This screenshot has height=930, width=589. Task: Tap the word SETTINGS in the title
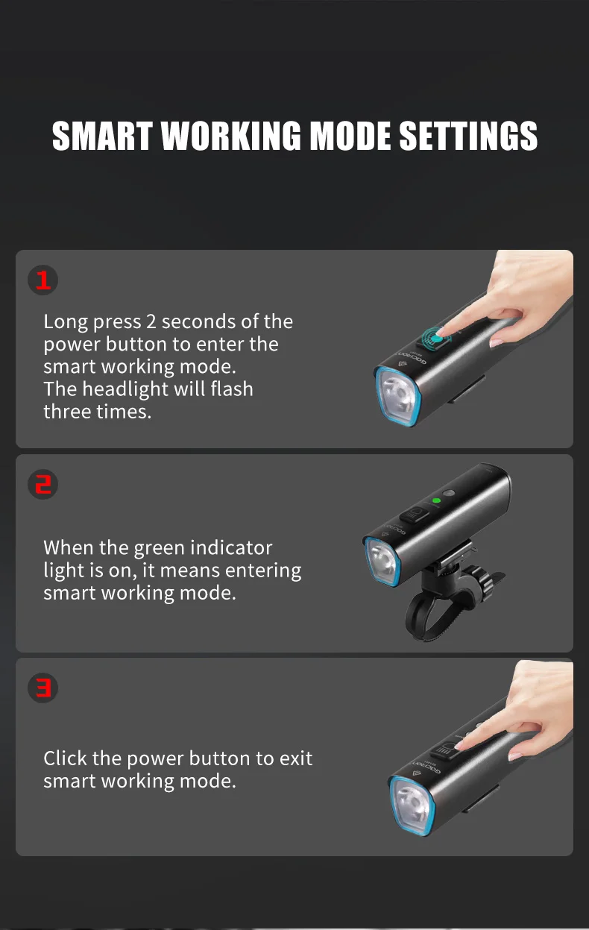[468, 136]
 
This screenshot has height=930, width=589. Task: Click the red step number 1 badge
[42, 280]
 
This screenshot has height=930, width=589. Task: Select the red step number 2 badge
[42, 485]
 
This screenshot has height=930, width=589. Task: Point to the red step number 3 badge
[42, 688]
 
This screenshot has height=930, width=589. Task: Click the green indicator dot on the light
[436, 500]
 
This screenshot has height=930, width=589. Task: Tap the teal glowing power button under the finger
[434, 340]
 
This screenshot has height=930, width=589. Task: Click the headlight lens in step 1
[398, 397]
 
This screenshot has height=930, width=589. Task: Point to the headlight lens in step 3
[412, 805]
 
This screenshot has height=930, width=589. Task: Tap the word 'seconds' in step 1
[189, 321]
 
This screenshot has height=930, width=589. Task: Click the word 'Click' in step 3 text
[65, 758]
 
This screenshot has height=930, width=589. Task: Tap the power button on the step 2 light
[415, 515]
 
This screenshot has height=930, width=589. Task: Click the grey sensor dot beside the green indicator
[449, 493]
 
